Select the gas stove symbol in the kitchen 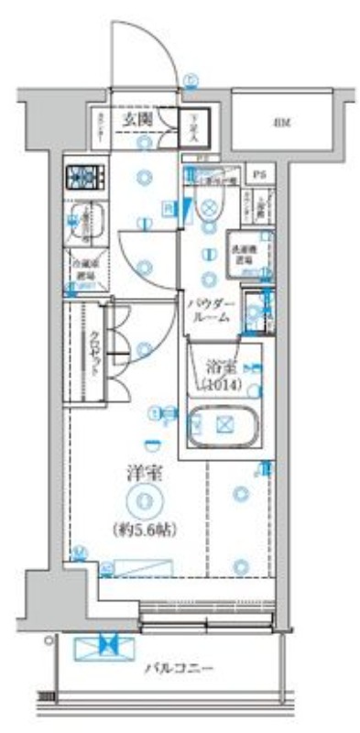tap(83, 175)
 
